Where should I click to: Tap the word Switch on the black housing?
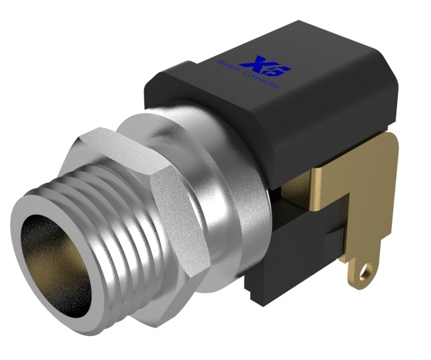(227, 66)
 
